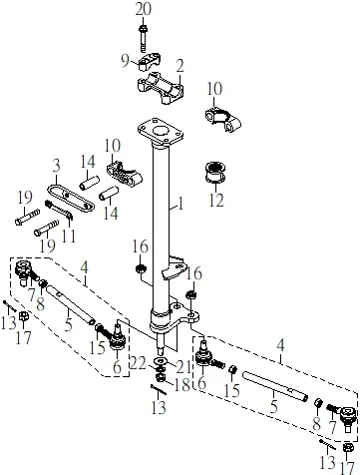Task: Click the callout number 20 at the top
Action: [144, 9]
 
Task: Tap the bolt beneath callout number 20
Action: [143, 38]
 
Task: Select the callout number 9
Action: [125, 61]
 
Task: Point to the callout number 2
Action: [180, 67]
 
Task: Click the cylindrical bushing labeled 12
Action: [215, 173]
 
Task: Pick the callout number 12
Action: [216, 200]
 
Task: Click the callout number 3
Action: [56, 166]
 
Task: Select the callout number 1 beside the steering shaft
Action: [180, 204]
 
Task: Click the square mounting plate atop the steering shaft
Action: [161, 132]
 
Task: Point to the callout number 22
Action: [138, 363]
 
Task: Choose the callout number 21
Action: [183, 367]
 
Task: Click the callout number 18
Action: [181, 385]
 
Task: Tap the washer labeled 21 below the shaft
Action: [162, 361]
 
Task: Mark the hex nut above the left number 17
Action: [23, 316]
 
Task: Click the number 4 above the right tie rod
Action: [281, 346]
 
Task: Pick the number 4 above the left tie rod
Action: [85, 267]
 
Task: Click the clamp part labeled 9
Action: [150, 63]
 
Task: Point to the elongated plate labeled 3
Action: [71, 198]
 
